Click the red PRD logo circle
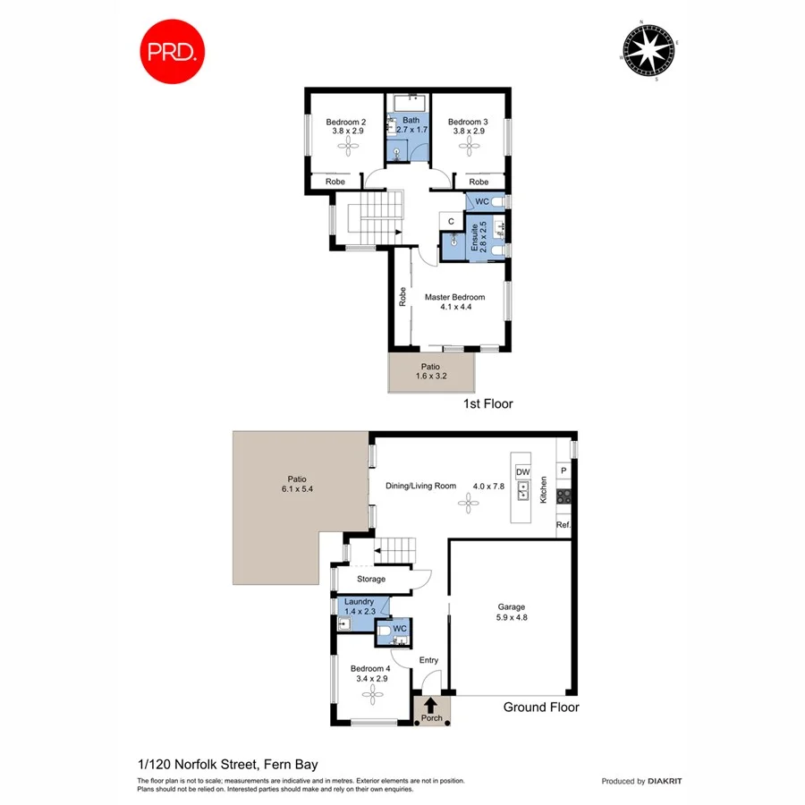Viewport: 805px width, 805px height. point(173,51)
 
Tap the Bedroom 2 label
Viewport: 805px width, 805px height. point(345,126)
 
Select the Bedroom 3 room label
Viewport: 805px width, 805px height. point(468,126)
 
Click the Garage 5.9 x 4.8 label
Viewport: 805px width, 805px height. point(512,611)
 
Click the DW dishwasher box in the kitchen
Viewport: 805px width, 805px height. point(524,471)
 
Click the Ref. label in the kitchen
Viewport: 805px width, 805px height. point(563,525)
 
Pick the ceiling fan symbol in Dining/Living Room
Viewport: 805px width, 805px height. point(465,504)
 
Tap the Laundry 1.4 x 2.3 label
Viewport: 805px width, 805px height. point(359,606)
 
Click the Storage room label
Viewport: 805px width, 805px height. point(371,580)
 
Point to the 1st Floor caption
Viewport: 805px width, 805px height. point(487,404)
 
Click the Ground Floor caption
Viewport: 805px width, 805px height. point(540,708)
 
